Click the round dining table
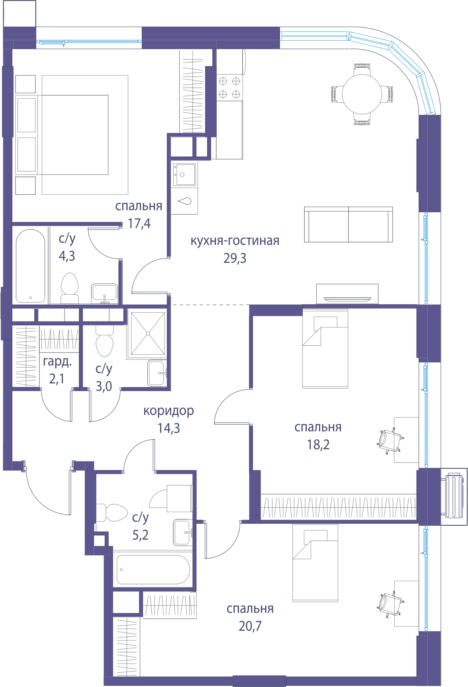(362, 94)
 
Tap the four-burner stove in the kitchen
(229, 88)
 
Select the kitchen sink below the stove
(184, 174)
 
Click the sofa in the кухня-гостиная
(349, 224)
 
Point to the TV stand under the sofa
(347, 294)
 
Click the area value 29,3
(235, 258)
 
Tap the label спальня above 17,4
(139, 206)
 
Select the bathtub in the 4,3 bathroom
(30, 266)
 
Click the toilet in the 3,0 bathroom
(105, 341)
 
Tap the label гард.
(57, 362)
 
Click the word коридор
(169, 411)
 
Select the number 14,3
(169, 428)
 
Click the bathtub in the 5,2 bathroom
(153, 570)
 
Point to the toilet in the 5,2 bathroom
(112, 513)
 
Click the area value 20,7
(250, 626)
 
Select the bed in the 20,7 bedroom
(315, 562)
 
